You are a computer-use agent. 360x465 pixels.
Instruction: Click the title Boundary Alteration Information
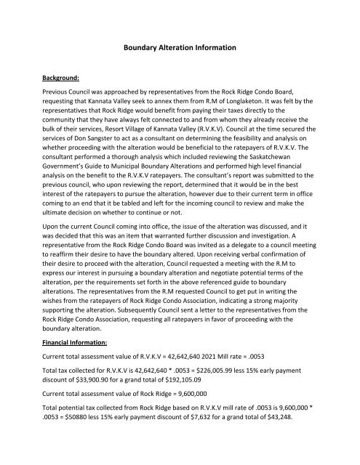180,49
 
